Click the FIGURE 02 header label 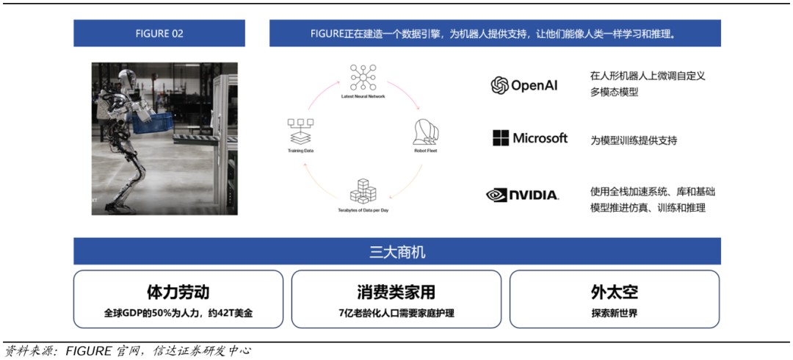(x=159, y=34)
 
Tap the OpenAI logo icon (x=500, y=85)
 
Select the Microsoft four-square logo (x=501, y=138)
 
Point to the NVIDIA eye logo (x=496, y=195)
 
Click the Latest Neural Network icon (x=363, y=77)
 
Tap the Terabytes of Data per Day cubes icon (x=362, y=192)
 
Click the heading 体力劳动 (x=178, y=292)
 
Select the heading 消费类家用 (x=396, y=292)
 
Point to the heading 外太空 (x=614, y=292)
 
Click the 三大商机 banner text (x=396, y=252)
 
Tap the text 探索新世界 (x=614, y=313)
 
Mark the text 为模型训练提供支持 (x=633, y=140)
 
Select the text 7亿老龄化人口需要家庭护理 (x=396, y=313)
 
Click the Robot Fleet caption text (x=425, y=151)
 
